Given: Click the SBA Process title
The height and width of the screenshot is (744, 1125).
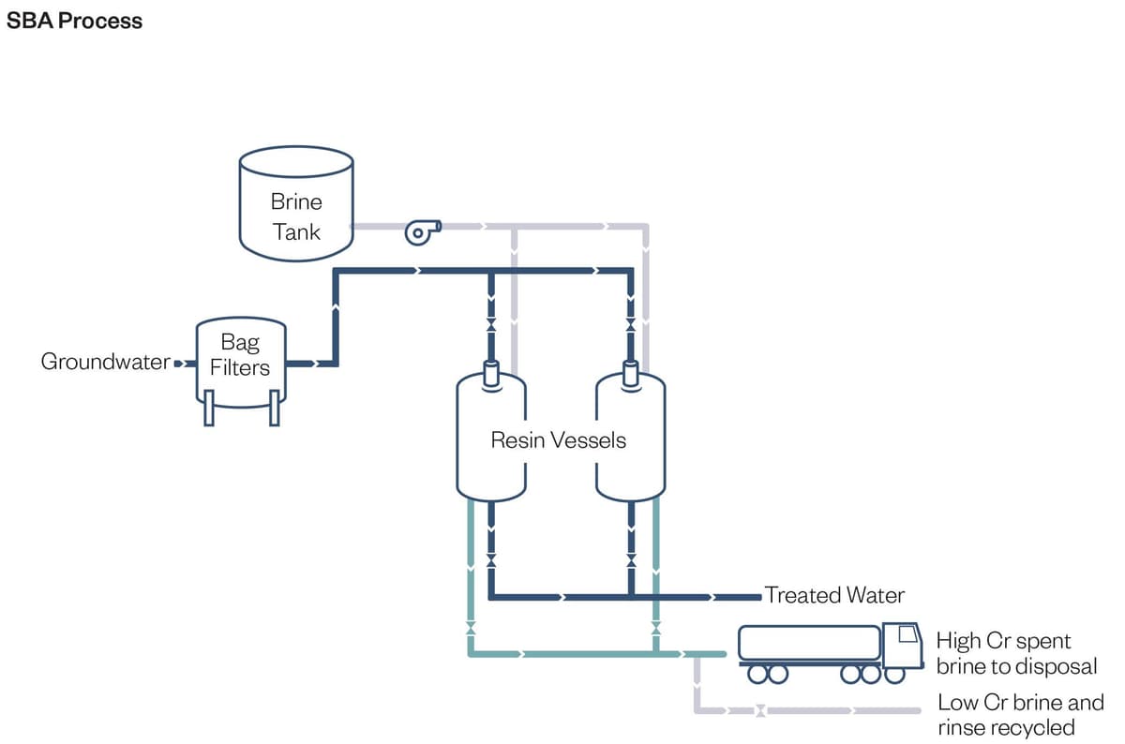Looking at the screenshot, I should click(74, 21).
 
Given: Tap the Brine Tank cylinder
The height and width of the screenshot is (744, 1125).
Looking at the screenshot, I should click(296, 202).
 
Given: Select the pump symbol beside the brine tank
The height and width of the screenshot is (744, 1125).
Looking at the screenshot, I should click(417, 231).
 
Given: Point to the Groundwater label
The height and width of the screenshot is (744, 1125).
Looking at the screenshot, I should click(105, 362).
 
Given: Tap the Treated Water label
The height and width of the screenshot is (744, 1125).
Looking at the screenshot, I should click(834, 595).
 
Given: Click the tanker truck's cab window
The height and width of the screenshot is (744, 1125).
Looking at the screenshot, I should click(906, 637).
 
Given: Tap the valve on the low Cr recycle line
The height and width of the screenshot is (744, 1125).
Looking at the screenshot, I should click(760, 711).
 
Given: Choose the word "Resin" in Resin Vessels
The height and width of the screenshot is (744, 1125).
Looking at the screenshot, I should click(517, 439).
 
